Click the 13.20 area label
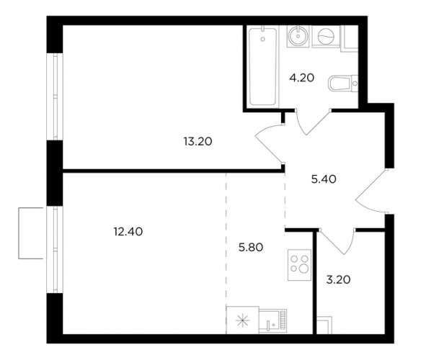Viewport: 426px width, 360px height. pyautogui.click(x=198, y=142)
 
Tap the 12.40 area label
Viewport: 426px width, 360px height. pyautogui.click(x=128, y=232)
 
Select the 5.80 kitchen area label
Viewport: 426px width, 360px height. pyautogui.click(x=251, y=248)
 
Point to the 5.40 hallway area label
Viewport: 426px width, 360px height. pyautogui.click(x=324, y=179)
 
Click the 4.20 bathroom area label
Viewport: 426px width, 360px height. pyautogui.click(x=301, y=78)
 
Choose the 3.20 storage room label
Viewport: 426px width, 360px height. pyautogui.click(x=338, y=279)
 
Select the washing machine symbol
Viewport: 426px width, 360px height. pyautogui.click(x=325, y=36)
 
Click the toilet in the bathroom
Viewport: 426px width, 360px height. pyautogui.click(x=343, y=83)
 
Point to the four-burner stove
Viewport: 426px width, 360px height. pyautogui.click(x=299, y=265)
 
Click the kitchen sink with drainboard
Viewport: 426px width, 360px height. pyautogui.click(x=272, y=321)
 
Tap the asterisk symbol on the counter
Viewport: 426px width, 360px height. pyautogui.click(x=243, y=321)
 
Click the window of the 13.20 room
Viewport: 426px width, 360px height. pyautogui.click(x=55, y=96)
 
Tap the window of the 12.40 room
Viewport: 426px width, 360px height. pyautogui.click(x=55, y=250)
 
